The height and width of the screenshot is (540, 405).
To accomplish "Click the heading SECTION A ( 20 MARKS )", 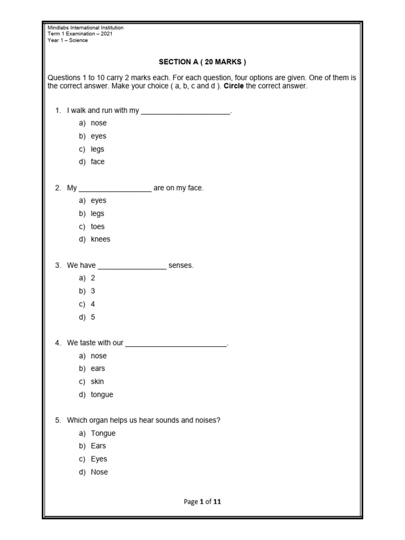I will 202,62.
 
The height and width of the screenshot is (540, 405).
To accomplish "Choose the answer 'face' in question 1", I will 98,162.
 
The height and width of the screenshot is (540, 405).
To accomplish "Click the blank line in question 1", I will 186,111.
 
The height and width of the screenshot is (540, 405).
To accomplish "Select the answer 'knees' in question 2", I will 100,239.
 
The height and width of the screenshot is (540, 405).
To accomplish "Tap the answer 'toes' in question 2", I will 98,227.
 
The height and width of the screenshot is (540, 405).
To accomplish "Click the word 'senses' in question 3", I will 180,265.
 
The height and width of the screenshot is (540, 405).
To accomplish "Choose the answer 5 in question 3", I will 93,317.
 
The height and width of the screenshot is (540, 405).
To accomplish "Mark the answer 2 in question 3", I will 93,278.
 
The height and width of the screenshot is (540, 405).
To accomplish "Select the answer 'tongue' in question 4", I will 102,394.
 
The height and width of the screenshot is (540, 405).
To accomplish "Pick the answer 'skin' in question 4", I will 97,381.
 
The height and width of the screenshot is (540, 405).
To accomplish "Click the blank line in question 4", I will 176,344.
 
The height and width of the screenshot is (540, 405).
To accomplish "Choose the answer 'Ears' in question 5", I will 98,446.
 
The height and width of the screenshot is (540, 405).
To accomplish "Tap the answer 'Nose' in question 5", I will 99,472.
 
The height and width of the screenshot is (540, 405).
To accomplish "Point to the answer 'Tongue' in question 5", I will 103,433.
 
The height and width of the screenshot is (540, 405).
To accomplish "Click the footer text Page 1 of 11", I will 202,502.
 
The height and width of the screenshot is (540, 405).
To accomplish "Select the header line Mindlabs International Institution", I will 85,27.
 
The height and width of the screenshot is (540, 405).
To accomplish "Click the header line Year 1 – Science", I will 67,41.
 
